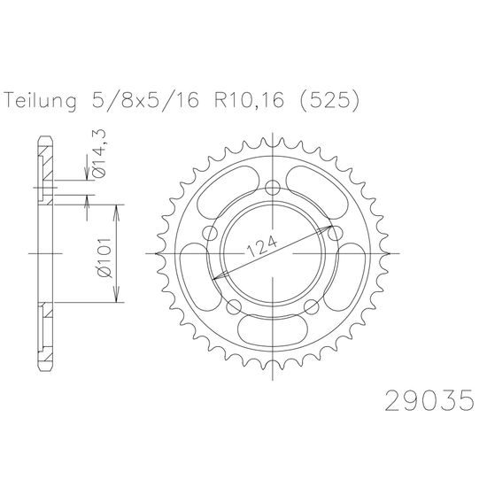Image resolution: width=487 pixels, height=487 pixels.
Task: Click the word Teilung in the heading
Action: pyautogui.click(x=41, y=101)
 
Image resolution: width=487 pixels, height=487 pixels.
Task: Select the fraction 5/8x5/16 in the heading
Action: pyautogui.click(x=145, y=100)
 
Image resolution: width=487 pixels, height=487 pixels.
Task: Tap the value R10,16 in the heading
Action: pyautogui.click(x=249, y=100)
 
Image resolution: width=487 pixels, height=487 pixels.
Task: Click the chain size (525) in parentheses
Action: pyautogui.click(x=329, y=101)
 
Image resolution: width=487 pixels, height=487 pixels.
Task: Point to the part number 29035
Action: pyautogui.click(x=429, y=400)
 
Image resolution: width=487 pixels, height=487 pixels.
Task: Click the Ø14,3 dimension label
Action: pyautogui.click(x=99, y=154)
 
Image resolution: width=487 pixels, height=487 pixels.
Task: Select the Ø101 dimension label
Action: pyautogui.click(x=105, y=258)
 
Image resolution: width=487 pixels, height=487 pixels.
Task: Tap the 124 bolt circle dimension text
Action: pyautogui.click(x=261, y=247)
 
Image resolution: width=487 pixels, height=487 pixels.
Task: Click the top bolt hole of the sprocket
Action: pyautogui.click(x=273, y=188)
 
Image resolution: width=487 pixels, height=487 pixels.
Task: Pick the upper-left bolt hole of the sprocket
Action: pyautogui.click(x=210, y=233)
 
